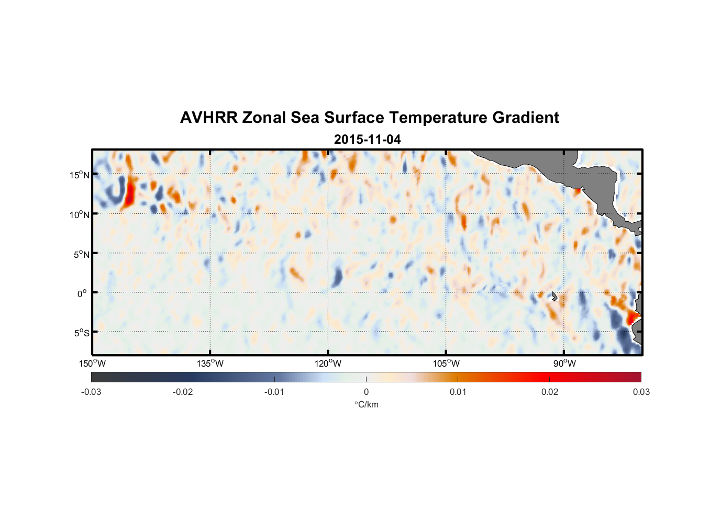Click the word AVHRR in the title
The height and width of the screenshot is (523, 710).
pos(208,118)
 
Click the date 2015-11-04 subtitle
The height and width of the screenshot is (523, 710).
pos(367,140)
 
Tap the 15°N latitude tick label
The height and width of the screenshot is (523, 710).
pos(80,175)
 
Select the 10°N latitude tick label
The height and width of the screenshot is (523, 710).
pos(80,214)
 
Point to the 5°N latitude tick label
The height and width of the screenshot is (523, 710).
pos(82,254)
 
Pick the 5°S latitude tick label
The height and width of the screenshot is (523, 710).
pos(82,333)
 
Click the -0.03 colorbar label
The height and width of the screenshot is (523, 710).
pos(91,392)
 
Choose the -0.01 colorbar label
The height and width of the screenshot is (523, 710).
pos(274,392)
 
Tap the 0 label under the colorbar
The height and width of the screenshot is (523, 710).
pos(366,392)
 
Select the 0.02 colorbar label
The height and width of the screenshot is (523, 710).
pos(550,392)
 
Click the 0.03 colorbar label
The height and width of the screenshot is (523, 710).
pos(641,392)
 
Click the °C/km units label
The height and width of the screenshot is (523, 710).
pos(366,405)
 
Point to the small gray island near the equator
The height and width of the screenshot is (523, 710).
pos(554,296)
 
